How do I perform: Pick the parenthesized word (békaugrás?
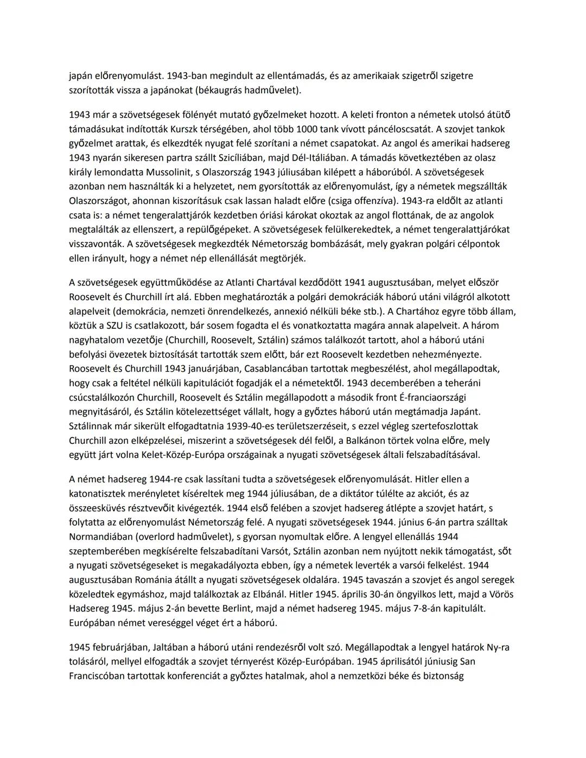pyautogui.click(x=222, y=90)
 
